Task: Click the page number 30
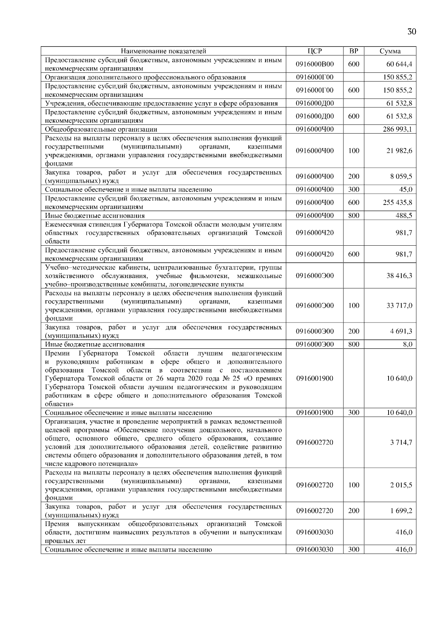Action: click(412, 32)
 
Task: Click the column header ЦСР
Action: click(315, 51)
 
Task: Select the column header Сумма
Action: click(390, 51)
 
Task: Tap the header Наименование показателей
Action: click(164, 51)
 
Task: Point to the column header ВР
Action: click(353, 51)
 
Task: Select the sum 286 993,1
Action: click(397, 129)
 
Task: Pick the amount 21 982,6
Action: click(399, 151)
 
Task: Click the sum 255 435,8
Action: click(397, 202)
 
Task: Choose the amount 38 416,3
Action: click(399, 276)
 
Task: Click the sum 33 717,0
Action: click(399, 306)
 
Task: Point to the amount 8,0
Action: click(408, 344)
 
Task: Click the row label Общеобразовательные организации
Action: click(101, 129)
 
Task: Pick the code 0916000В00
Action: click(315, 64)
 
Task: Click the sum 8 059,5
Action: click(401, 177)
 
